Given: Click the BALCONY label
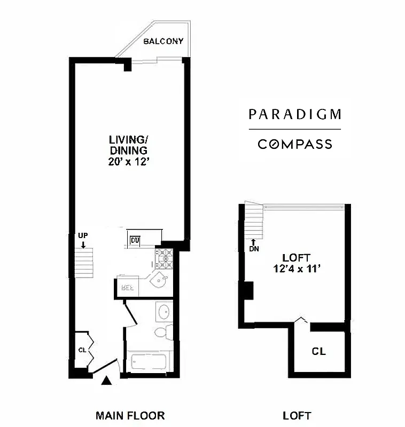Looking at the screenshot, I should click(163, 41).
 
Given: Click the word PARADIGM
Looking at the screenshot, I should click(294, 114).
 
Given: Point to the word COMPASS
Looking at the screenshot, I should click(294, 144).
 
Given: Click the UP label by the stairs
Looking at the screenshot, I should click(82, 235).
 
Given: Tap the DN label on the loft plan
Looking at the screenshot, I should click(254, 248).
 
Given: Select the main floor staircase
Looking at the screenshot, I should click(84, 262).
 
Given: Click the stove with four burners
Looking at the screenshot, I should click(163, 259).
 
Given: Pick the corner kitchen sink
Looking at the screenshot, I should click(159, 282).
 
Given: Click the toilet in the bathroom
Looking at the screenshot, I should click(162, 333).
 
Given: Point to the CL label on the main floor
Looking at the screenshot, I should click(82, 350).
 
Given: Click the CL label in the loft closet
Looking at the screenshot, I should click(319, 352).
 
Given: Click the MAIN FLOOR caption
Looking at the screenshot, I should click(130, 415).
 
